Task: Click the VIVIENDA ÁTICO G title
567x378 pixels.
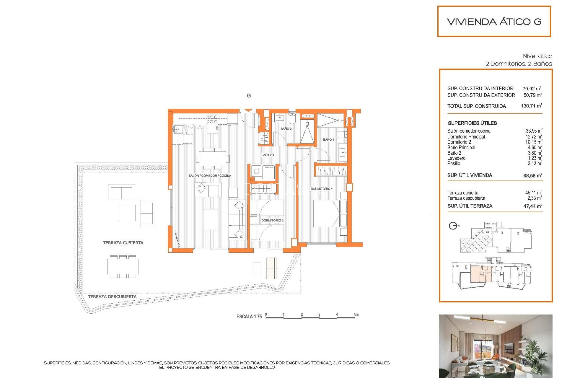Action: point(494,22)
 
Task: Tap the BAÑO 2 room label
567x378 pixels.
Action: point(286,129)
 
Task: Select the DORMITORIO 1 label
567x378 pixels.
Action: point(321,189)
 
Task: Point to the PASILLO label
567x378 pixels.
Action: point(267,155)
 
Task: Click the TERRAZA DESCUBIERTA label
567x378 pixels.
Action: point(112,296)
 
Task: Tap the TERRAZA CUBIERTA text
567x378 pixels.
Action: point(123,243)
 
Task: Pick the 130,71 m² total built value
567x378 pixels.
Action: point(531,106)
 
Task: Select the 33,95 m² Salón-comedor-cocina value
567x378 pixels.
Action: point(534,131)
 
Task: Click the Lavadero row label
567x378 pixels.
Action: point(456,158)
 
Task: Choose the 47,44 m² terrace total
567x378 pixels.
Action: point(532,206)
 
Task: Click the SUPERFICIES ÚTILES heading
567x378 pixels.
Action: point(472,123)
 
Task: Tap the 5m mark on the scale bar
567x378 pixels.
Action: point(356,315)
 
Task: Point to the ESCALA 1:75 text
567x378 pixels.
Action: point(249,317)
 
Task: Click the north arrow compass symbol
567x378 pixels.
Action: point(453,226)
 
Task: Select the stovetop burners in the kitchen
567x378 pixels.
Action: point(213,119)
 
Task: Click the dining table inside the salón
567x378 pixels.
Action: point(212,159)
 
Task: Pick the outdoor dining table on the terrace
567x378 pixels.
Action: point(123,267)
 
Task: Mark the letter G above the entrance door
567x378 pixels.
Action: point(249,96)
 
